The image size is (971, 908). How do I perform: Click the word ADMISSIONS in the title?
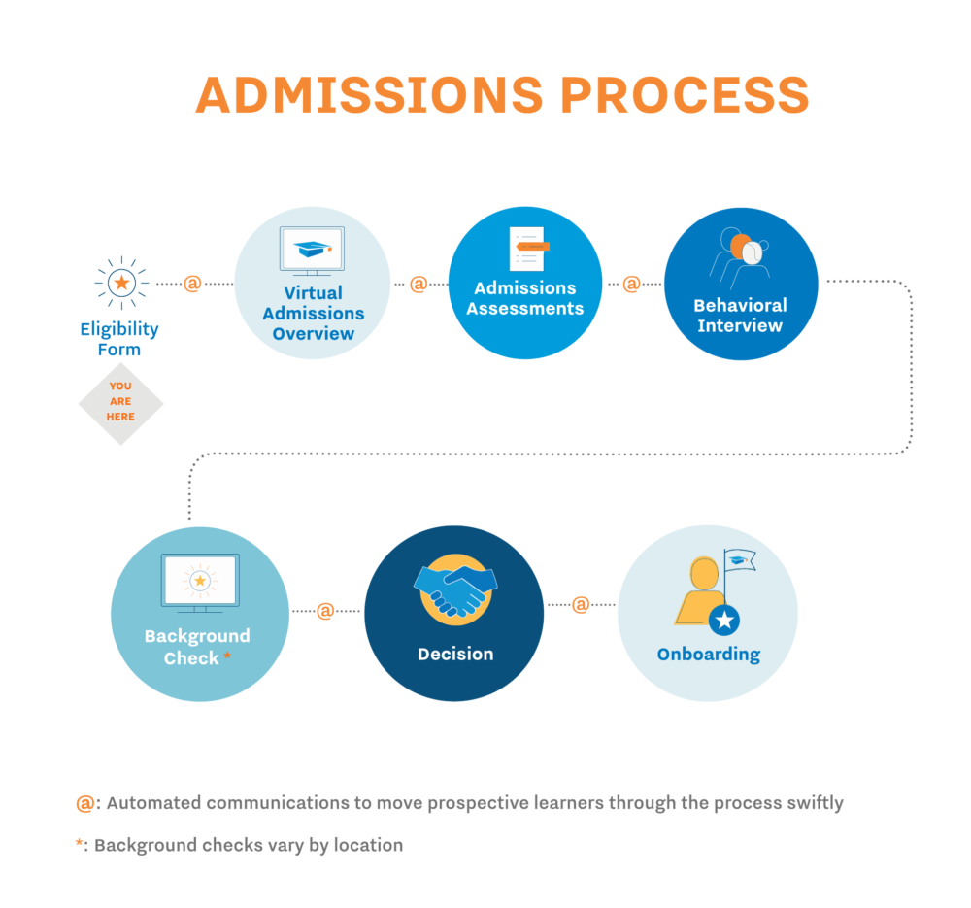click(370, 94)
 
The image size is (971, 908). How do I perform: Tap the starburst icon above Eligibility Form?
click(121, 283)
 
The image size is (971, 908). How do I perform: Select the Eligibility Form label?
click(118, 339)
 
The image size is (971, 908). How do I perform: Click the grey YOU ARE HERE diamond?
click(120, 401)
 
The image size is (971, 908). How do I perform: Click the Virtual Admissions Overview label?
click(313, 313)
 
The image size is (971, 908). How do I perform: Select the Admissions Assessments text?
click(525, 298)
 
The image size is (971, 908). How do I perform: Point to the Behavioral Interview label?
click(740, 315)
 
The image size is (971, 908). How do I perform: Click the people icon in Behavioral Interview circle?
click(740, 253)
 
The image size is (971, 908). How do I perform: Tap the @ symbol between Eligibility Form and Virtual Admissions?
click(192, 284)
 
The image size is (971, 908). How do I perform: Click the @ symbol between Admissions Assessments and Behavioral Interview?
click(631, 284)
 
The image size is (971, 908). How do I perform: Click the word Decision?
click(455, 654)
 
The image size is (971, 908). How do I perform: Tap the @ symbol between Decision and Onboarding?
click(581, 604)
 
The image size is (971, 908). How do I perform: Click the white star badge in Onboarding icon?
click(725, 619)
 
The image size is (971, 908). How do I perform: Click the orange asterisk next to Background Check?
click(227, 656)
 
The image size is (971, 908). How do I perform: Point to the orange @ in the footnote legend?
click(85, 803)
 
